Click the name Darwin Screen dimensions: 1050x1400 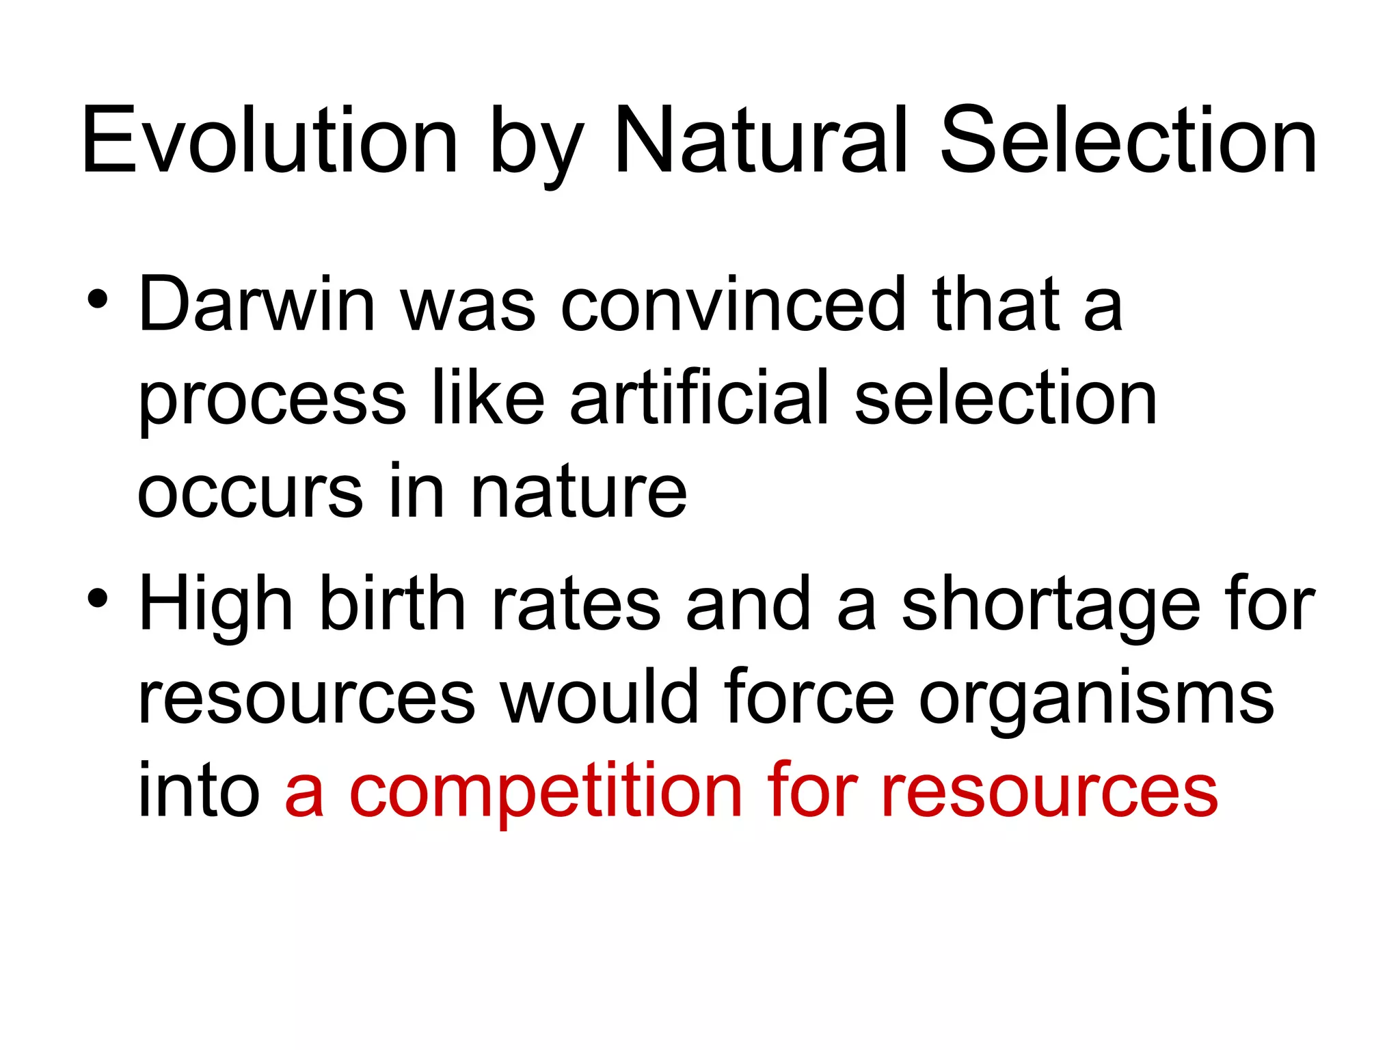click(x=256, y=304)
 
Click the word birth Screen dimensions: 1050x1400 click(x=392, y=604)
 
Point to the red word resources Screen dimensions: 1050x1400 click(x=1049, y=793)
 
